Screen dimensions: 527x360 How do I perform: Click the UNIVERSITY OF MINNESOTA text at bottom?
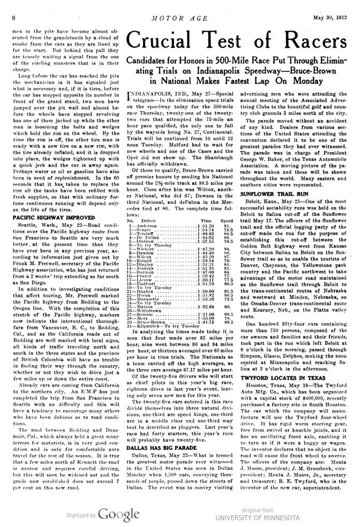[258, 518]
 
